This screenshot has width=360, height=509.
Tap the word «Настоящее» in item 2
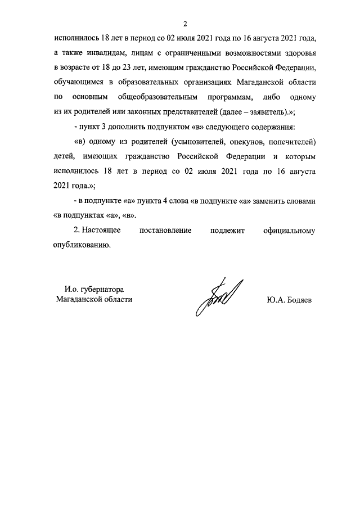(103, 231)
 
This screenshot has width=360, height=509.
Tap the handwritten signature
(218, 296)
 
